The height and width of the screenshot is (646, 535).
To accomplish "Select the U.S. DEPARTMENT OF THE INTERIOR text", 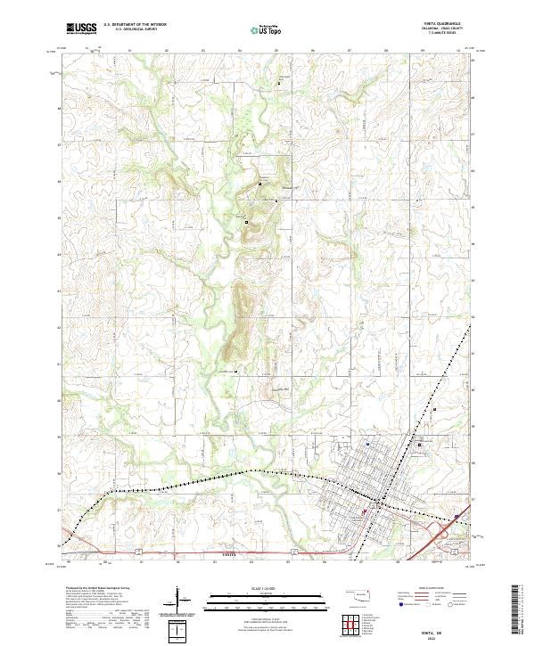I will [x=134, y=26].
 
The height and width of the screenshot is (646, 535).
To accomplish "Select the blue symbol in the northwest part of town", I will [x=367, y=443].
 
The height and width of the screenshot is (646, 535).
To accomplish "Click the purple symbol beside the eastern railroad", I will [x=457, y=515].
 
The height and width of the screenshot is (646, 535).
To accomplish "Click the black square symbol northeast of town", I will [x=419, y=444].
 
